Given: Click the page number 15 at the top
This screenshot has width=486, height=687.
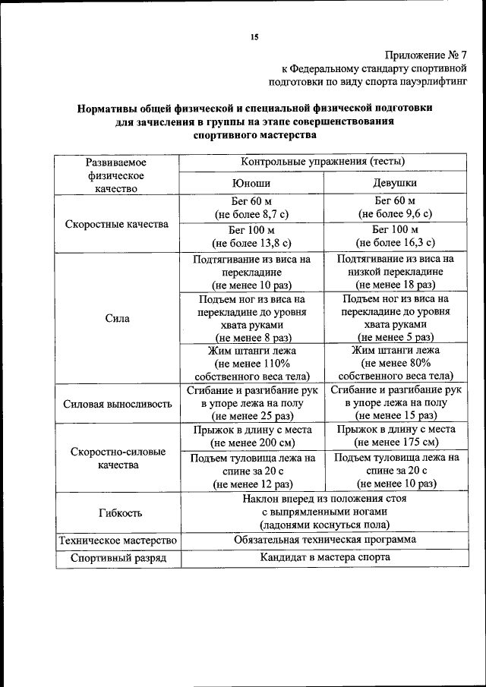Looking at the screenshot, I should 254,38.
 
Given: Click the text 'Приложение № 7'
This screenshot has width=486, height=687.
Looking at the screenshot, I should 427,55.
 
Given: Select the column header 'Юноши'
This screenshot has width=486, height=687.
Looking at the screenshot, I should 251,183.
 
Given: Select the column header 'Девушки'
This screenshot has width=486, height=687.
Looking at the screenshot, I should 394,183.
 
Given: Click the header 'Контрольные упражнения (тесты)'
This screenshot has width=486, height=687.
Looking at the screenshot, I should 323,162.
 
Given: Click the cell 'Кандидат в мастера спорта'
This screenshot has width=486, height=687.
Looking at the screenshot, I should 324,558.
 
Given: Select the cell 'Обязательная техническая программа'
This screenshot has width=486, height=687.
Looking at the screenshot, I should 324,540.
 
